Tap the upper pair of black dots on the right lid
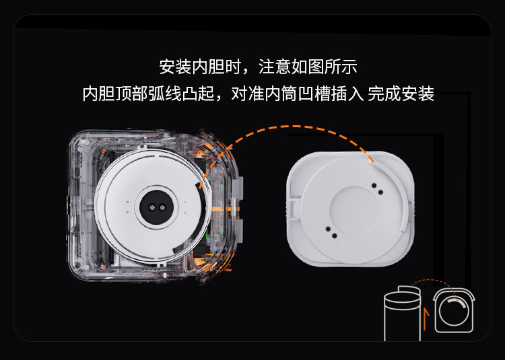[x=378, y=189]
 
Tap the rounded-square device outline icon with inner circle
[x=454, y=310]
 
